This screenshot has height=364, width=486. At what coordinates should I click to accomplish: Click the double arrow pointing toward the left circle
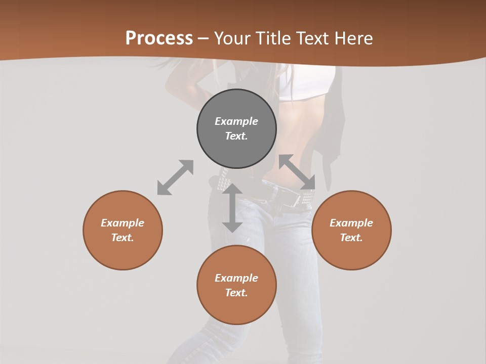(175, 177)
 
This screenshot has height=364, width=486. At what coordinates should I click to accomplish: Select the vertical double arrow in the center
(232, 208)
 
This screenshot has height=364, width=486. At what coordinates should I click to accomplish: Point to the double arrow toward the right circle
(297, 172)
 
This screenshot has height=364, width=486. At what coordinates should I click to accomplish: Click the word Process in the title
(159, 38)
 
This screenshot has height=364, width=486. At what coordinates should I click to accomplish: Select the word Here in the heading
(353, 38)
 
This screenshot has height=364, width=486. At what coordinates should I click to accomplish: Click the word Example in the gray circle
(236, 121)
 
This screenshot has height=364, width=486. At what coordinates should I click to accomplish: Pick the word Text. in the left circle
(123, 238)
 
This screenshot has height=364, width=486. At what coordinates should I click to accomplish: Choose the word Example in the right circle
(351, 223)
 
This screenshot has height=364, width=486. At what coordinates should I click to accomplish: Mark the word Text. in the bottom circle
(236, 293)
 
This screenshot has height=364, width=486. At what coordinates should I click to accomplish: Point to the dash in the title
(204, 38)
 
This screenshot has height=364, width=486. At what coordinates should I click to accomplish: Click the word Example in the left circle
(123, 223)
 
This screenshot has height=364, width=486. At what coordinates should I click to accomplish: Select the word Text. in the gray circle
(236, 136)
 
